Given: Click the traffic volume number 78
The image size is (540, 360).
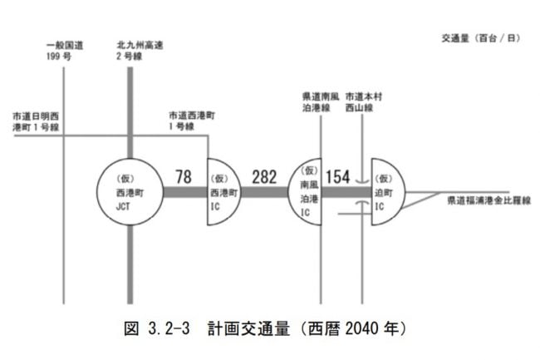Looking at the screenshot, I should (184, 175).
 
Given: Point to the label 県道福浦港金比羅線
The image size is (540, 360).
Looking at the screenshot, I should (488, 200).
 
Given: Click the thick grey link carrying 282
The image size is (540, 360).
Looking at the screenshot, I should (265, 191).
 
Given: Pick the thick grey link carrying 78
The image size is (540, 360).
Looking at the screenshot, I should (184, 191).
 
